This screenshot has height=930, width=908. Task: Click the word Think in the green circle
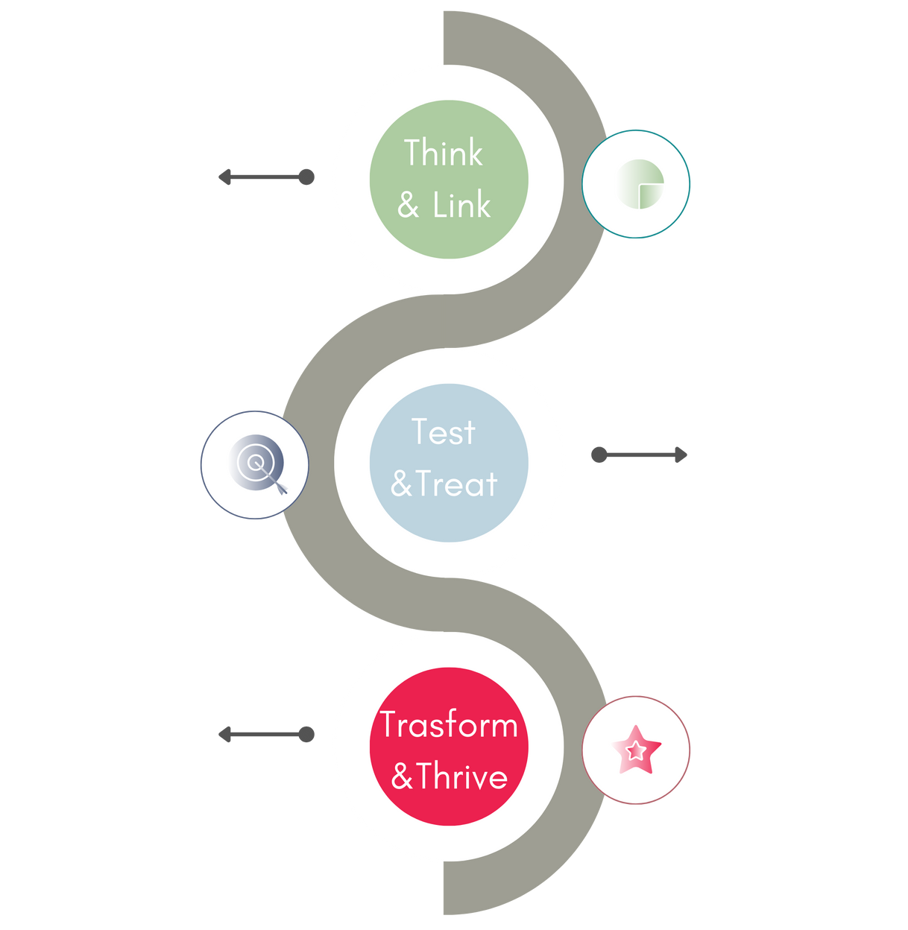444,154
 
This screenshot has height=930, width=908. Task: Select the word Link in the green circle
461,205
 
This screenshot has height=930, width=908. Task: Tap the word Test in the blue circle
444,432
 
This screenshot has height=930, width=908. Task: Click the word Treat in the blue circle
456,484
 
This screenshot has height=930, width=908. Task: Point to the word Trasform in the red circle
449,725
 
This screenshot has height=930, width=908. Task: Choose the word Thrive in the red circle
462,776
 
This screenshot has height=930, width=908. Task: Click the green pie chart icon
640,183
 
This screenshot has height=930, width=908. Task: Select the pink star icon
636,750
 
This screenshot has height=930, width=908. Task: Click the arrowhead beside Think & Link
223,177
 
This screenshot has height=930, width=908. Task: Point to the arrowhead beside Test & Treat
681,455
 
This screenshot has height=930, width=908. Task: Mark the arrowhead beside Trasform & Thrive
223,735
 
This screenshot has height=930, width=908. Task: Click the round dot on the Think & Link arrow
306,177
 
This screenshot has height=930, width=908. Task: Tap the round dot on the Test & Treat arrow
599,455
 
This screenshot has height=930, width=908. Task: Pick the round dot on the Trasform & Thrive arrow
306,735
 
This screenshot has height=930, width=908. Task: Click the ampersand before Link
408,206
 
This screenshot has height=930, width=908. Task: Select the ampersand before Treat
401,484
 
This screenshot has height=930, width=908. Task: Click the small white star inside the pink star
635,750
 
